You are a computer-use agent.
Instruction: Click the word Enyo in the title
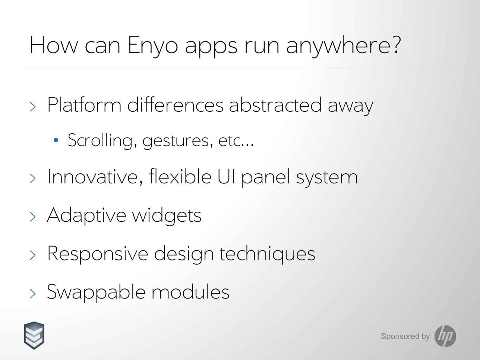pos(153,46)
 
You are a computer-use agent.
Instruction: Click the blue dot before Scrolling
pos(56,140)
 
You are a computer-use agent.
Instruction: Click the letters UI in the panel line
pos(226,176)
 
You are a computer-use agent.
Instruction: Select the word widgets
pos(167,215)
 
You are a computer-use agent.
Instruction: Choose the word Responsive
pos(98,254)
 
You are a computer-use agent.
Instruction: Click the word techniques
pos(267,254)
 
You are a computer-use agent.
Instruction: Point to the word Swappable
pos(96,292)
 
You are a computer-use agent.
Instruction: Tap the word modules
pos(190,292)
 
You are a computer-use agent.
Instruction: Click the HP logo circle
pos(445,336)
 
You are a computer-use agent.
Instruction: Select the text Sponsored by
pos(405,336)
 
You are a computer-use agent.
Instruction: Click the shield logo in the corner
pos(34,335)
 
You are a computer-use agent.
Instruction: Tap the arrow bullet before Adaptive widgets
pos(33,217)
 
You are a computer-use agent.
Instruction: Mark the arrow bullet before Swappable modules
pos(33,293)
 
